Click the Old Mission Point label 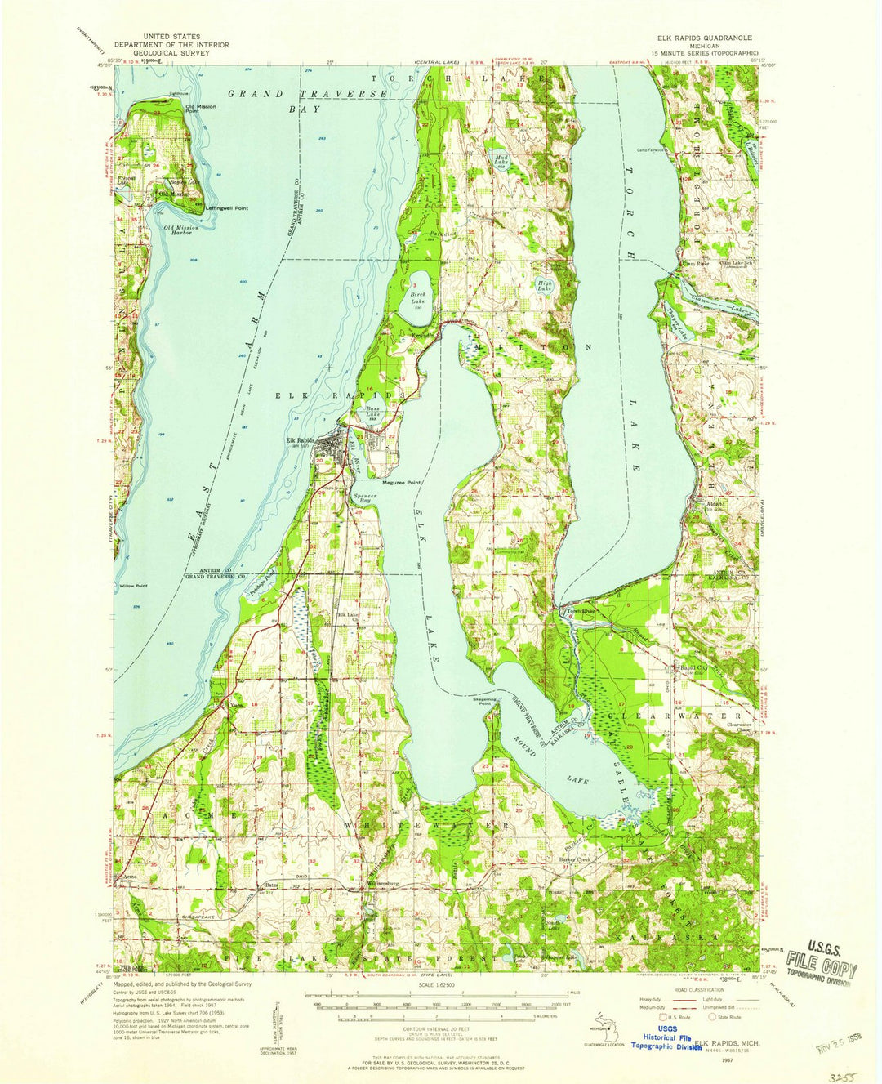[x=200, y=108]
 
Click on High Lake [x=544, y=286]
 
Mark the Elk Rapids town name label [x=300, y=443]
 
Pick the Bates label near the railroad [x=272, y=885]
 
